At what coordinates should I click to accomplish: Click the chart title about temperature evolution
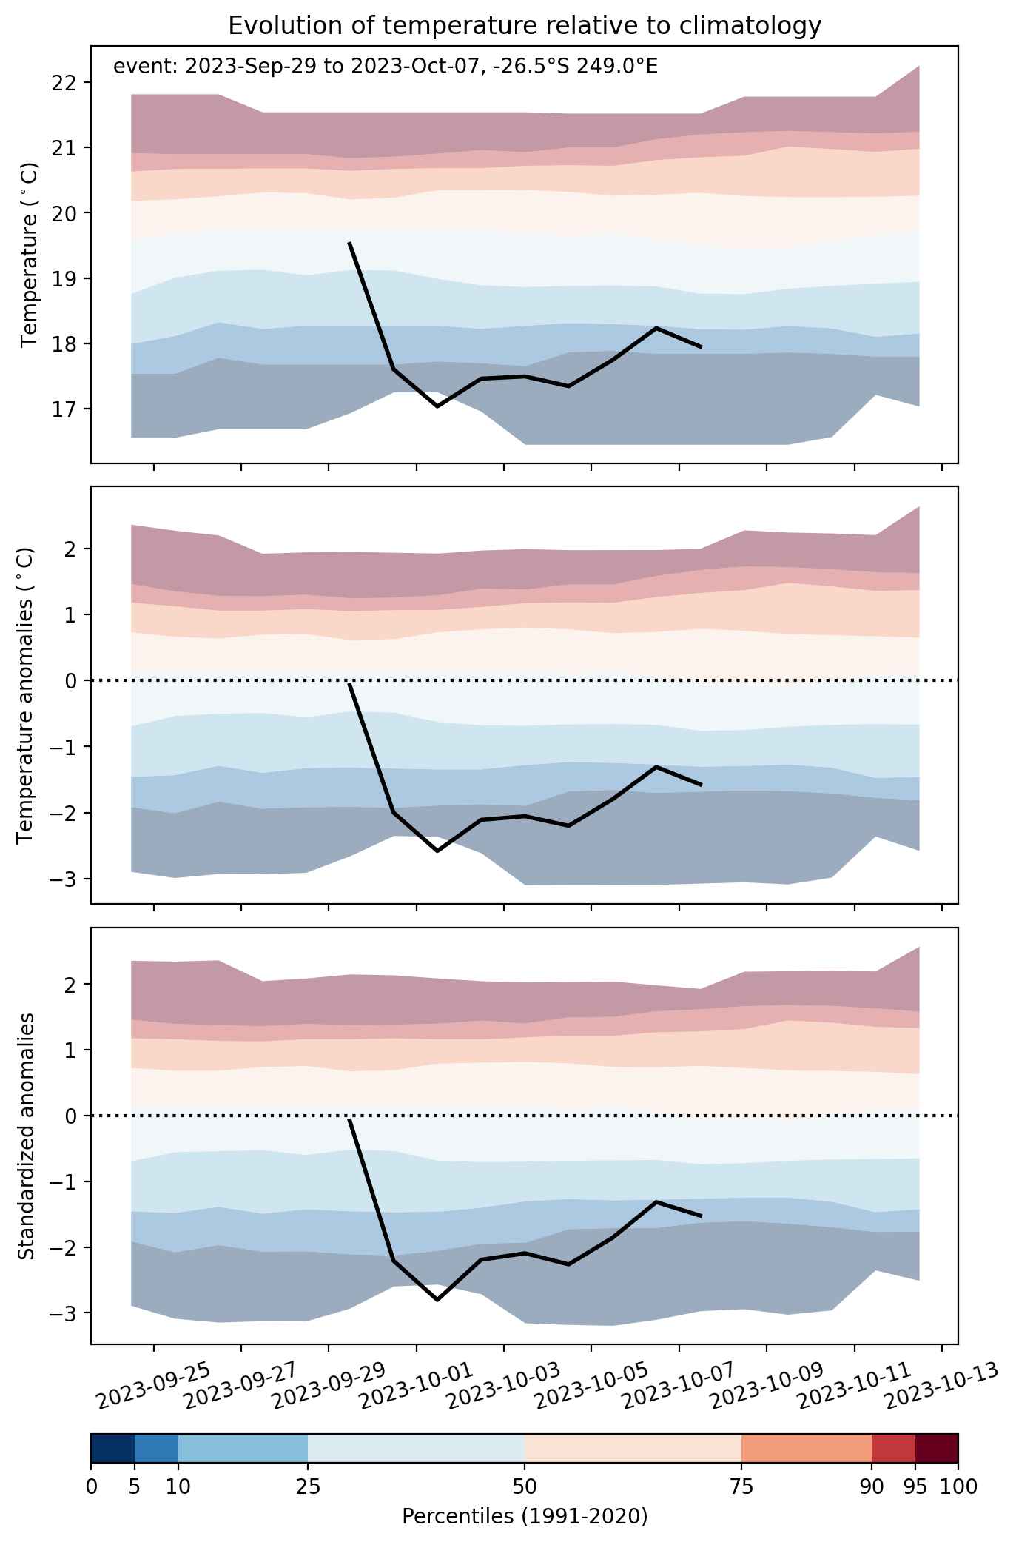(525, 26)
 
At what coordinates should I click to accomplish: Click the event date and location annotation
(385, 67)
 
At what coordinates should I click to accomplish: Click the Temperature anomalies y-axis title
(25, 695)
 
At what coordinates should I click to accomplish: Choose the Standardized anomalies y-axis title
(25, 1136)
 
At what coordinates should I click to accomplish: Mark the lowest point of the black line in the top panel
(437, 406)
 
